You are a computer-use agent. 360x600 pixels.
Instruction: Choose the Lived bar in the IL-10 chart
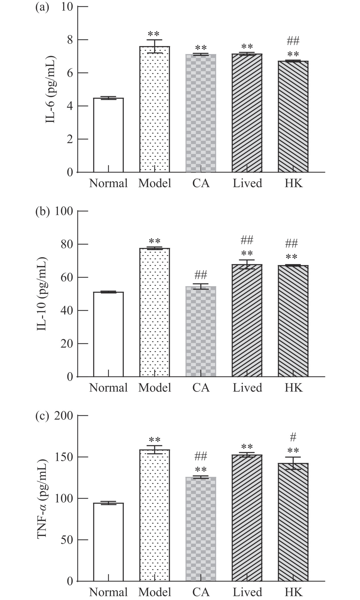(x=247, y=320)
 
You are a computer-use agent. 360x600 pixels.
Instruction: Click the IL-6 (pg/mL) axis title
(x=51, y=90)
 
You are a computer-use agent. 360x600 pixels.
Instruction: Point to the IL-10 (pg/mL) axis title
(x=42, y=294)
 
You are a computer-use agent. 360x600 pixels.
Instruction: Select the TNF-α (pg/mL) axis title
(x=42, y=499)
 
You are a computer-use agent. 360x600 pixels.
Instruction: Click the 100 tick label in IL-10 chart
(x=63, y=211)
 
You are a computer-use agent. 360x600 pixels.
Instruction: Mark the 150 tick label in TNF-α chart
(x=63, y=457)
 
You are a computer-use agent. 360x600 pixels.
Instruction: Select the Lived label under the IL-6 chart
(x=247, y=183)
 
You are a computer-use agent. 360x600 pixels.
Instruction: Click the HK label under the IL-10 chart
(x=293, y=388)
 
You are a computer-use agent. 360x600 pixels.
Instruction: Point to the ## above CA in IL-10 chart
(x=201, y=275)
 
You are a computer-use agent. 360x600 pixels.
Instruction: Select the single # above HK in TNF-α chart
(x=293, y=437)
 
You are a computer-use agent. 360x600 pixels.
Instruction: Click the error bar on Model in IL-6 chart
(x=155, y=46)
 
